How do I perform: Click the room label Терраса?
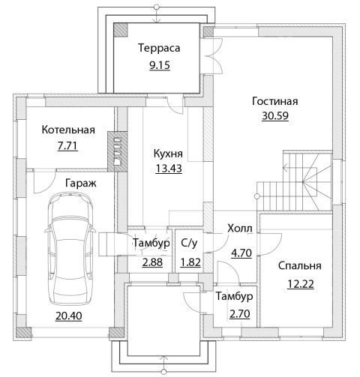[x=159, y=49]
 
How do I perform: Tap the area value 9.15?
[x=160, y=65]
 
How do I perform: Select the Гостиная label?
[x=275, y=101]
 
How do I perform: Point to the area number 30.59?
[x=275, y=115]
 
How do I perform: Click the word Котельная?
[x=68, y=130]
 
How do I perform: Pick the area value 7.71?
[x=67, y=146]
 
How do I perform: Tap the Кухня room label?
[x=168, y=154]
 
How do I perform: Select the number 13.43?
[x=169, y=169]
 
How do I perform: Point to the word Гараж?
[x=81, y=184]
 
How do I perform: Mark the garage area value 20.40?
[x=69, y=316]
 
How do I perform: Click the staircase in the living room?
[x=295, y=181]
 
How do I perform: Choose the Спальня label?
[x=300, y=265]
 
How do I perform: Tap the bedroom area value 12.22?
[x=301, y=284]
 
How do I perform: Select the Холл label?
[x=240, y=229]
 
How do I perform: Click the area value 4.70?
[x=241, y=253]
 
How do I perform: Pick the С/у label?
[x=189, y=243]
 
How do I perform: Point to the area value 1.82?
[x=190, y=262]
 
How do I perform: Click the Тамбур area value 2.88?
[x=152, y=262]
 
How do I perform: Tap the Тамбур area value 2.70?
[x=240, y=314]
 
